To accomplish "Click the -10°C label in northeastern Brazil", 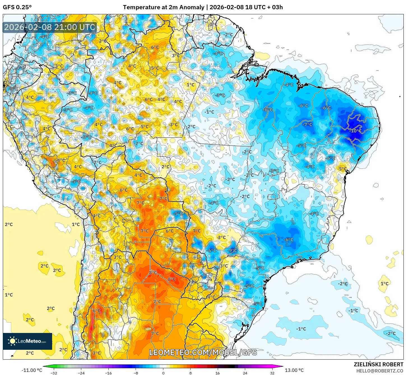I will click(x=355, y=131).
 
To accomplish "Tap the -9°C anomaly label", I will click(x=232, y=251).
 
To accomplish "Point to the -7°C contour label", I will click(x=307, y=124).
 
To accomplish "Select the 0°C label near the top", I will click(x=213, y=24).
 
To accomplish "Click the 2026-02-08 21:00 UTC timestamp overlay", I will click(x=50, y=27).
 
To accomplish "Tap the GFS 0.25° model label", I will click(x=17, y=7).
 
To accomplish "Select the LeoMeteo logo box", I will click(x=27, y=341).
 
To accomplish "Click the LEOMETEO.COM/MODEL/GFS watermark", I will click(x=203, y=352).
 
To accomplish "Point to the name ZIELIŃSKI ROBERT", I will click(x=378, y=364).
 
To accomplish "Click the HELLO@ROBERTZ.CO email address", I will click(x=380, y=371).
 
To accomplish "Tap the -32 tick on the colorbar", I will click(x=54, y=373).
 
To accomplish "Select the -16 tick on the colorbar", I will click(x=108, y=373).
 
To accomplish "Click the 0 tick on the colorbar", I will click(x=163, y=373).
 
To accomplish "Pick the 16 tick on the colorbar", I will click(x=218, y=373).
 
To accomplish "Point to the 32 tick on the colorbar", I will click(x=272, y=373).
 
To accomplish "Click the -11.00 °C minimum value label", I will click(x=32, y=370).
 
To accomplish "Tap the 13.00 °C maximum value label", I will click(x=294, y=370).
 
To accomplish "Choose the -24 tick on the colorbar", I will click(x=81, y=373).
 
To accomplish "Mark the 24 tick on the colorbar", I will click(x=245, y=373).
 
